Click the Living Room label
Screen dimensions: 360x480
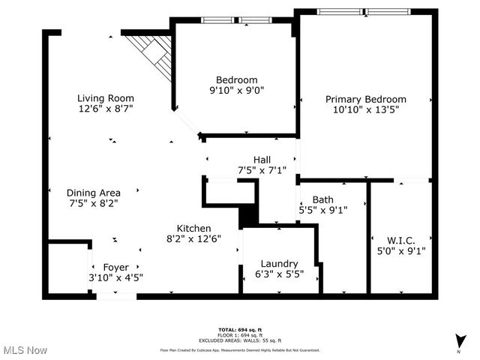click(x=106, y=97)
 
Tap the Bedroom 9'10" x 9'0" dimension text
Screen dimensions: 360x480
click(x=236, y=91)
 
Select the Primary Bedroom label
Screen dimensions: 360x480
click(x=365, y=99)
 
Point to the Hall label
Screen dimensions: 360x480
click(x=262, y=159)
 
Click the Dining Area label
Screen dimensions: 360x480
click(x=93, y=192)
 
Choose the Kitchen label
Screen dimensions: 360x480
click(x=193, y=228)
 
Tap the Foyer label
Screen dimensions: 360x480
click(x=115, y=267)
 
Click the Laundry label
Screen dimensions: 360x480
click(x=279, y=263)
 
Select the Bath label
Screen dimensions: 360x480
click(x=323, y=199)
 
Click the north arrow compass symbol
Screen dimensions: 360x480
click(x=459, y=341)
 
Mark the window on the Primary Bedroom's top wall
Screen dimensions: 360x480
click(x=365, y=11)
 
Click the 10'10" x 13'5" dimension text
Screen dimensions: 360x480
click(x=365, y=109)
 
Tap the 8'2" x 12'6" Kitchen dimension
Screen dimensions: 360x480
click(x=193, y=238)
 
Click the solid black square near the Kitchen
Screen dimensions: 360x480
click(x=247, y=216)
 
